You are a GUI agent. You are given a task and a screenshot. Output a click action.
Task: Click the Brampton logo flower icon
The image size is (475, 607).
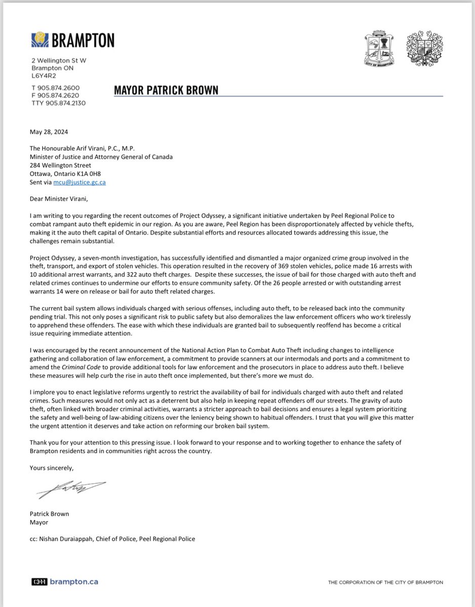point(38,40)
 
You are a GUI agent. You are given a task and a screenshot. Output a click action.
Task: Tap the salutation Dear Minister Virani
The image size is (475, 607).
point(57,198)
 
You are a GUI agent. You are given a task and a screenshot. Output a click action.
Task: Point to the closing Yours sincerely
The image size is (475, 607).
point(52,467)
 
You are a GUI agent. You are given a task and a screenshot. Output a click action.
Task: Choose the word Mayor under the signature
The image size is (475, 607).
point(40,522)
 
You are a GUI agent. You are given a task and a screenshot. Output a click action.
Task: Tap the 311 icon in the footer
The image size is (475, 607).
point(39,582)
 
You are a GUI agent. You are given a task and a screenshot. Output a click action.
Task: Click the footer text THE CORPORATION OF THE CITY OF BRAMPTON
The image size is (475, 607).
point(385,583)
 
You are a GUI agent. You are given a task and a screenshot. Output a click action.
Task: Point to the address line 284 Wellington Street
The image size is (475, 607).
point(61,165)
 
